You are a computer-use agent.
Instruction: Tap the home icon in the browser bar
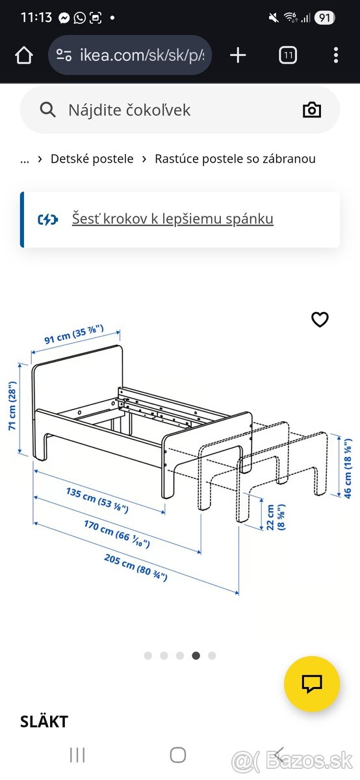(x=24, y=55)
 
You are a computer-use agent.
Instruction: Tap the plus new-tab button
(x=238, y=55)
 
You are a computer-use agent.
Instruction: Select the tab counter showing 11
(x=288, y=55)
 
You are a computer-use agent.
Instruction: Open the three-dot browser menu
(x=335, y=55)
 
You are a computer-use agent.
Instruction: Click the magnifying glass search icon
(x=47, y=110)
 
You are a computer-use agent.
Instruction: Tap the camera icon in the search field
(x=312, y=110)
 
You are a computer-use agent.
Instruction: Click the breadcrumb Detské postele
(x=92, y=159)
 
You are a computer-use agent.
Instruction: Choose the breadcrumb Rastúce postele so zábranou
(x=235, y=159)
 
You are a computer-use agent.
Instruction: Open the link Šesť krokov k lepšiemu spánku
(x=173, y=218)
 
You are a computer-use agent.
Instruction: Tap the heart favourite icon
(x=320, y=319)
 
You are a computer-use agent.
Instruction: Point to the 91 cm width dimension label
(x=74, y=333)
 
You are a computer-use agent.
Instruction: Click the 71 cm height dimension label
(x=12, y=406)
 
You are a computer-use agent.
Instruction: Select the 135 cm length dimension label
(x=97, y=500)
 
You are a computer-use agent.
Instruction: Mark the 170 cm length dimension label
(x=116, y=534)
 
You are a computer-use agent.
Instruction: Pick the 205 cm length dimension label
(x=136, y=567)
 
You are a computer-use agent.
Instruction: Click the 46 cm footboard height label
(x=348, y=469)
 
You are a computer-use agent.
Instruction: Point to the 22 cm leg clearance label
(x=276, y=517)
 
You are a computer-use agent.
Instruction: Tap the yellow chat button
(x=312, y=684)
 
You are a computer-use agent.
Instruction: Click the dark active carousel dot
(x=196, y=656)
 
